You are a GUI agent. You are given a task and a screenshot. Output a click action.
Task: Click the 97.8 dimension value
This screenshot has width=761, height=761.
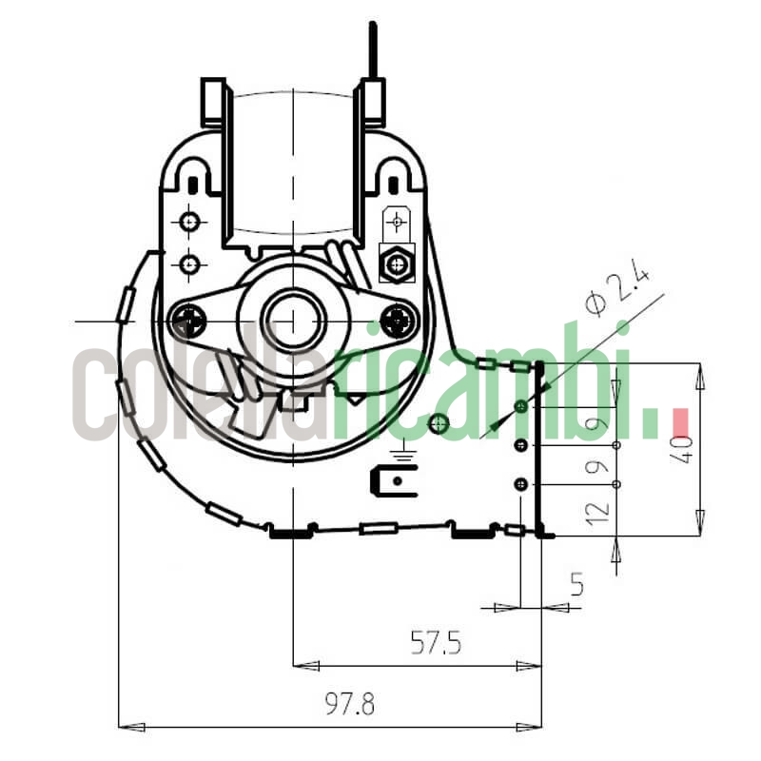350,705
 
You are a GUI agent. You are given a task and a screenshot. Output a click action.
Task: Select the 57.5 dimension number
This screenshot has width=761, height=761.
436,644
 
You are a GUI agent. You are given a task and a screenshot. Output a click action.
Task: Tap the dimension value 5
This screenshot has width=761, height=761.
576,584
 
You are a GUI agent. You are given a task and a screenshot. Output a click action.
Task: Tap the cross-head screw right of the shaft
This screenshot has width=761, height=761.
397,321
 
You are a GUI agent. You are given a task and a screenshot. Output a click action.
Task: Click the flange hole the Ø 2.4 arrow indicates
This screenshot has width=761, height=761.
520,407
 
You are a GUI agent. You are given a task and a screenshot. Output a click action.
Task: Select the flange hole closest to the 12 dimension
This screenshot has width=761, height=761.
520,485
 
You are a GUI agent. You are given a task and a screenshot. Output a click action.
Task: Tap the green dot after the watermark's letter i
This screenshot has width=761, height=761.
652,424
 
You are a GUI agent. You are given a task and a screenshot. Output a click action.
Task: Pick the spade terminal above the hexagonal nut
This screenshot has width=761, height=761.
396,224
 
